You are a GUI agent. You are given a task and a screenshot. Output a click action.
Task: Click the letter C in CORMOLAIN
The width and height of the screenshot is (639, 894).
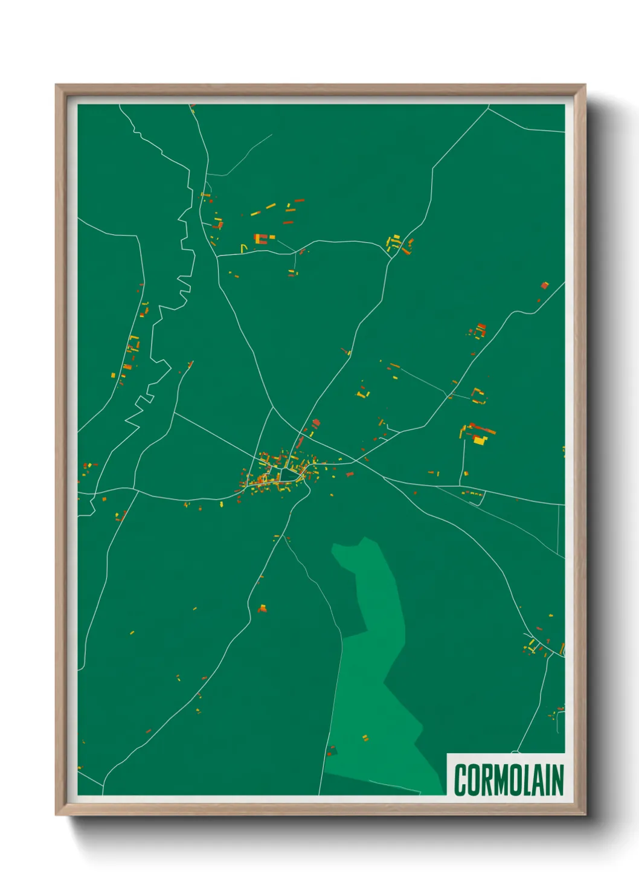tap(461, 780)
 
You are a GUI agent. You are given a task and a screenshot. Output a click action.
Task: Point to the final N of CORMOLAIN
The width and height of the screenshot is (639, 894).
tap(557, 780)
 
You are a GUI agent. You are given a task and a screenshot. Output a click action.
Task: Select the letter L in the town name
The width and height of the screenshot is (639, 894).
tap(525, 780)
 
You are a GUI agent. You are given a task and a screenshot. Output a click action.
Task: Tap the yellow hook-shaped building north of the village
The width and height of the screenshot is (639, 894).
tap(244, 248)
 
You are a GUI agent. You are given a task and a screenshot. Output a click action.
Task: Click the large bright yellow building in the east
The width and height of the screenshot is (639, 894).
tap(480, 440)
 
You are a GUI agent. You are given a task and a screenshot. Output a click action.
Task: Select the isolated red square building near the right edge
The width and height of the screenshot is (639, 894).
tap(544, 285)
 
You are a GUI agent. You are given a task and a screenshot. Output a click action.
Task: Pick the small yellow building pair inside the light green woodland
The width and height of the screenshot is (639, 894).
tap(365, 738)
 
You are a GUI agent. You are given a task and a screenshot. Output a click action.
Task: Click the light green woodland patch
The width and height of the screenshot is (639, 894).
tap(374, 664)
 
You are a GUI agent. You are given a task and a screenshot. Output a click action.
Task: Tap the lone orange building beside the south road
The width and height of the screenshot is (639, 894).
tap(262, 608)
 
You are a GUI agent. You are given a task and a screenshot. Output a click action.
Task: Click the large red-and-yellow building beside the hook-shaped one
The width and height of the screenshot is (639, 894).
tap(260, 239)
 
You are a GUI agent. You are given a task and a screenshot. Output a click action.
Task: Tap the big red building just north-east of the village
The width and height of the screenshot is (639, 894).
tap(316, 423)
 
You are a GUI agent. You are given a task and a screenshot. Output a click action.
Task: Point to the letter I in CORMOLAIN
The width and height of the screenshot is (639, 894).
tap(547, 780)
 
